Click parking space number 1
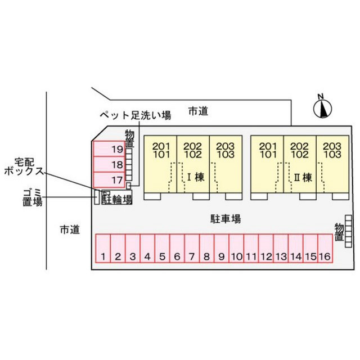click(x=103, y=248)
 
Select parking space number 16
click(x=325, y=248)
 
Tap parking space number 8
click(x=206, y=248)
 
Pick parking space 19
click(x=109, y=148)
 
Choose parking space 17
click(x=109, y=179)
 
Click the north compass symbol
click(x=322, y=107)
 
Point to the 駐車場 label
click(x=226, y=219)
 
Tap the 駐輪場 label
click(x=117, y=200)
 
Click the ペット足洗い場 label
click(x=136, y=115)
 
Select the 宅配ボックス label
click(x=24, y=166)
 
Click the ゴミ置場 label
click(x=33, y=197)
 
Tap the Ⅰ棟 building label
click(x=196, y=177)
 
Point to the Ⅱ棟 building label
click(x=303, y=178)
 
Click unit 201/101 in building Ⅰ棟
click(x=160, y=164)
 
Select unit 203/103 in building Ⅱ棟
click(x=332, y=164)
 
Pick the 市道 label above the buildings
click(x=198, y=111)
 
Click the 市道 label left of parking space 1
click(x=70, y=229)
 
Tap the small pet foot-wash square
click(x=129, y=185)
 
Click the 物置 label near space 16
click(x=339, y=232)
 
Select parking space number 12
click(x=266, y=248)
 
